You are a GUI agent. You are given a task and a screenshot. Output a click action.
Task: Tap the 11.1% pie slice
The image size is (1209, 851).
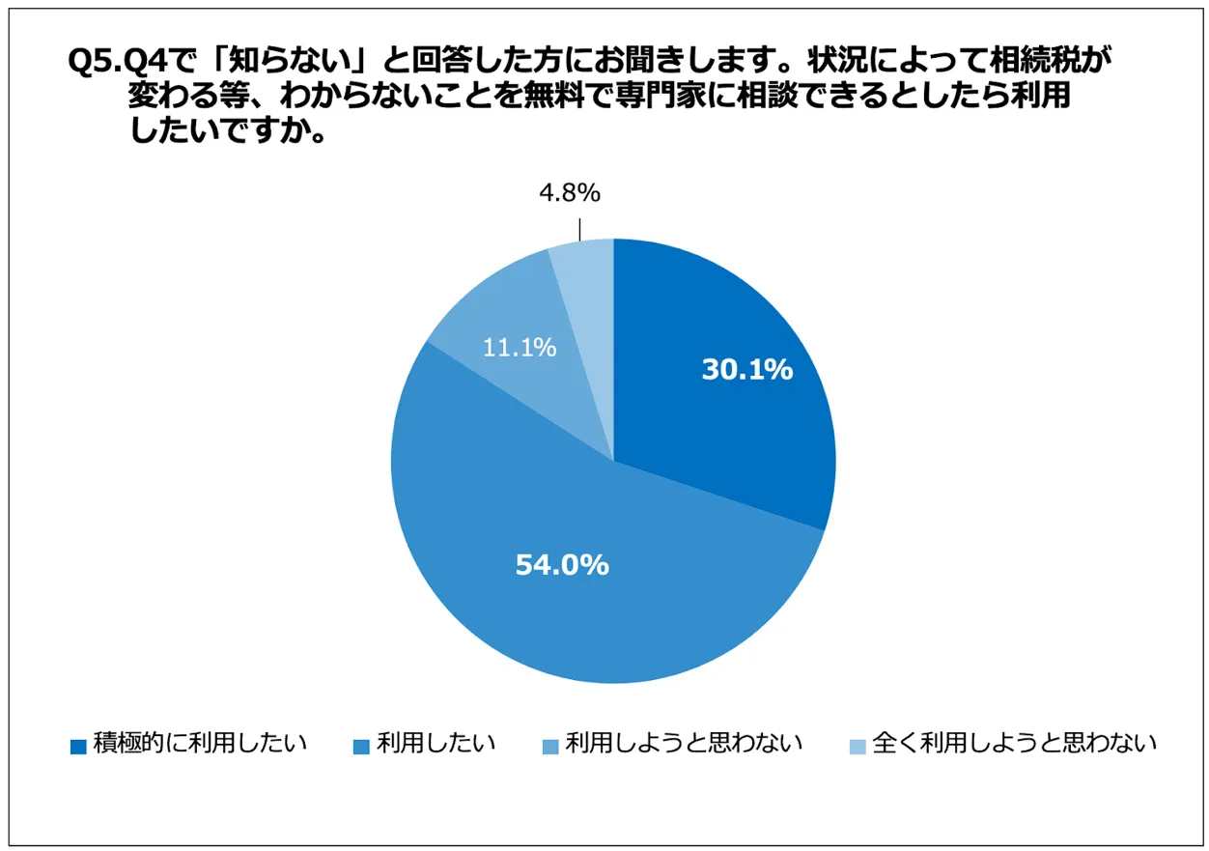pyautogui.click(x=502, y=328)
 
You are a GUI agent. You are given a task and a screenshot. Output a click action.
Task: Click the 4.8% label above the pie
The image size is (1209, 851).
pyautogui.click(x=570, y=194)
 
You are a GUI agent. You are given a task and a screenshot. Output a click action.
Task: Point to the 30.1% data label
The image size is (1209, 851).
pyautogui.click(x=746, y=369)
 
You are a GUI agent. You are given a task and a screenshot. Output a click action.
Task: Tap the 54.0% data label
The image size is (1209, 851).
pyautogui.click(x=561, y=565)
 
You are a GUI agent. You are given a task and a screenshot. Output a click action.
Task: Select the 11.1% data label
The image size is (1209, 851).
pyautogui.click(x=520, y=348)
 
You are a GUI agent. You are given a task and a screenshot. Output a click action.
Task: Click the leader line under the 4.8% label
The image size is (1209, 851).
pyautogui.click(x=579, y=228)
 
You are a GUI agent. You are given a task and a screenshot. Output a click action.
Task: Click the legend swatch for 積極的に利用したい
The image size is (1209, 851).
pyautogui.click(x=78, y=746)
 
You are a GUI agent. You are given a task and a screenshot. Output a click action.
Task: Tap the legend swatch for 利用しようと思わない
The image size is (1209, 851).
pyautogui.click(x=550, y=746)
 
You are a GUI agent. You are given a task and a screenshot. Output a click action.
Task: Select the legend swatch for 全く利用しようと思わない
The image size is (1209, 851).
pyautogui.click(x=857, y=746)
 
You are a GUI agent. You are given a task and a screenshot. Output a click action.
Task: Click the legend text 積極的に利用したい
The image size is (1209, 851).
pyautogui.click(x=199, y=744)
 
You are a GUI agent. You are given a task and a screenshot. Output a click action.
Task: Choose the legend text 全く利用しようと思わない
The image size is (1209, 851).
pyautogui.click(x=1013, y=744)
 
